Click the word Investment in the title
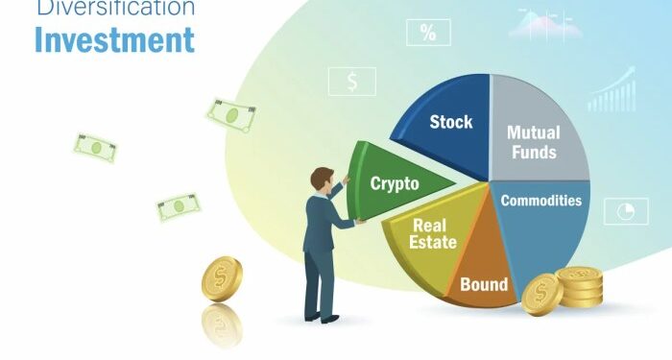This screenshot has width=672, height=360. point(114,41)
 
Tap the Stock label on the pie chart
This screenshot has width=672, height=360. point(450,122)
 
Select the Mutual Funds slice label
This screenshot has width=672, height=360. point(534,142)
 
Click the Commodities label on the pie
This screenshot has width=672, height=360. point(540,201)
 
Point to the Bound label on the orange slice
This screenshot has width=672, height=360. point(484,284)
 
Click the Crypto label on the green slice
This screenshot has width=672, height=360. point(395,183)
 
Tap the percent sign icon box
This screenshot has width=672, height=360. point(427,34)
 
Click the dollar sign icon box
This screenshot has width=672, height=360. point(352,82)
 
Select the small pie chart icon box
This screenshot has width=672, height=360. point(624,211)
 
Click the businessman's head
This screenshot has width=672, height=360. point(322,179)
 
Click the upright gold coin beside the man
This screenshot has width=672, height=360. point(222,278)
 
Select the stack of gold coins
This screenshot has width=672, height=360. point(580,288)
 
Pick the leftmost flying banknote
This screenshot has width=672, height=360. point(96,148)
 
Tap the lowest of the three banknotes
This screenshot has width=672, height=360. point(179,205)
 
